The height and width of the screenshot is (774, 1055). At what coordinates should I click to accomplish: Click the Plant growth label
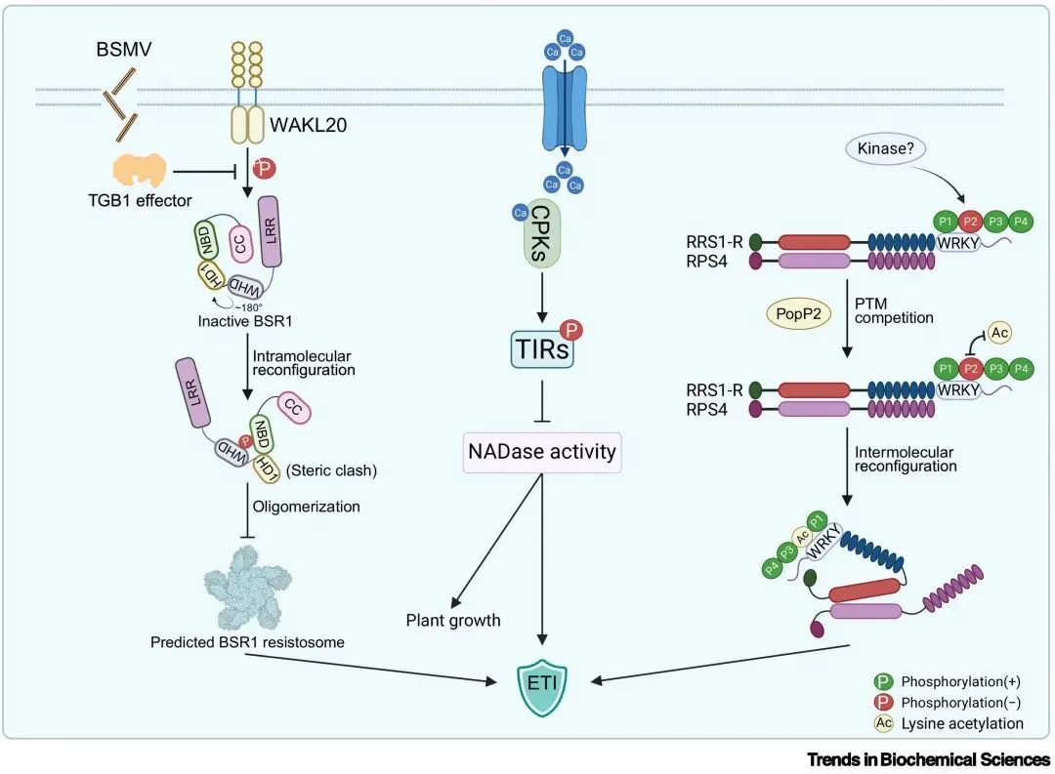point(453,620)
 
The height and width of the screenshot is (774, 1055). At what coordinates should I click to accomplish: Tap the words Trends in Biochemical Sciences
point(928,758)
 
